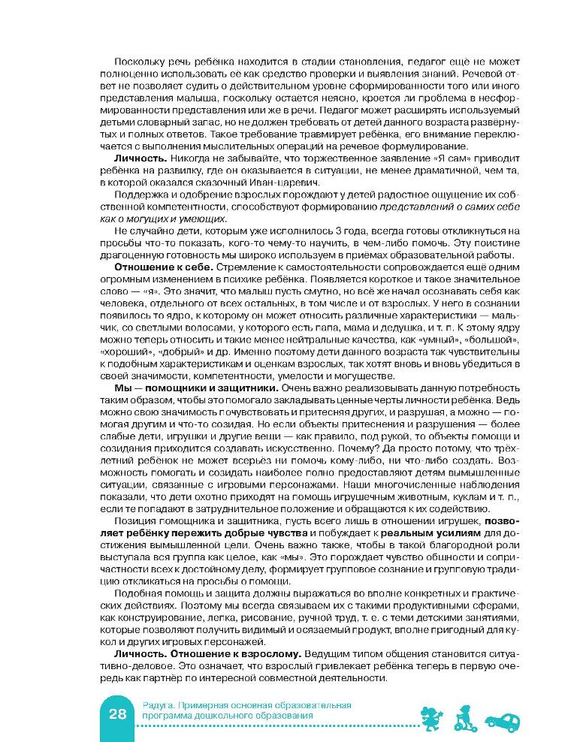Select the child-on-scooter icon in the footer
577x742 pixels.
click(464, 718)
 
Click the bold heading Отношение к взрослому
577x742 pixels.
click(232, 654)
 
